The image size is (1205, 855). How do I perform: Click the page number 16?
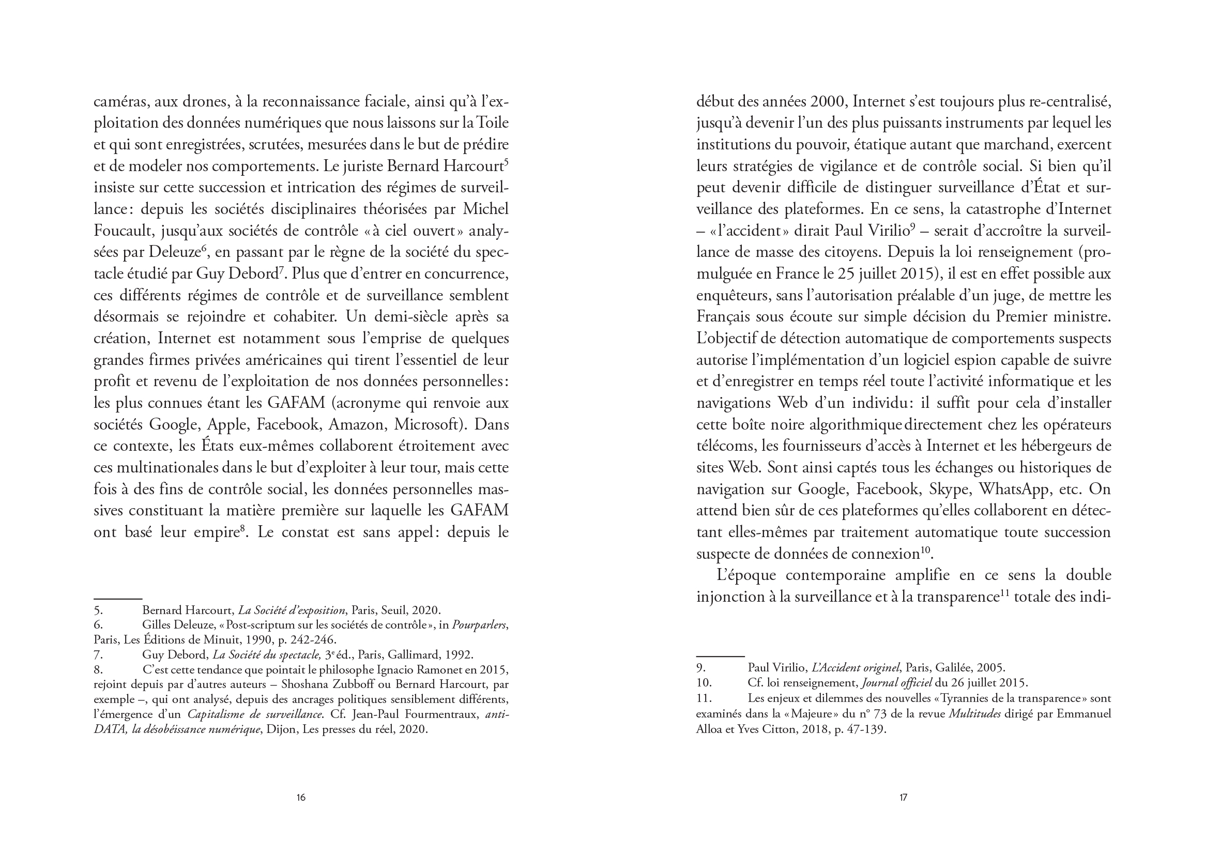click(300, 798)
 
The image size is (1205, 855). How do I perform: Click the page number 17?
click(903, 798)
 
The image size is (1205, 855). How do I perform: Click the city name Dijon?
click(282, 729)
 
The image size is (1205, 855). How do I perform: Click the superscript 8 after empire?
click(243, 528)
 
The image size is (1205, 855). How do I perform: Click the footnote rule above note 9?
click(720, 656)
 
